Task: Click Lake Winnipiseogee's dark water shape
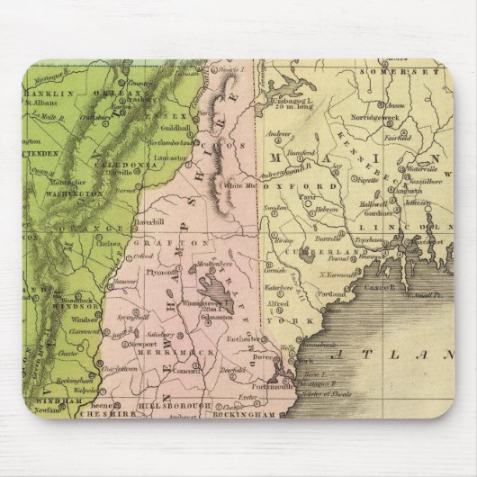[x=212, y=293]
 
